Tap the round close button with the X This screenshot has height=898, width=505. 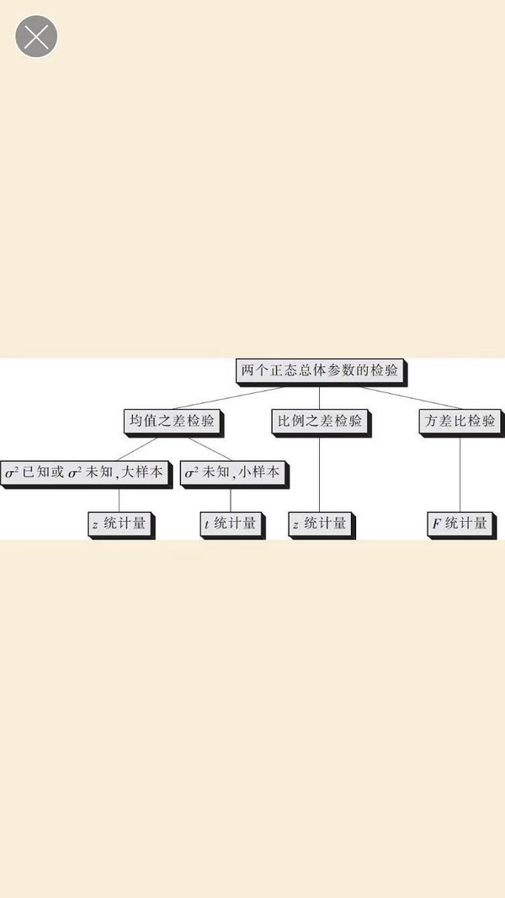coord(36,37)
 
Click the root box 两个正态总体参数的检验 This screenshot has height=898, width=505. coord(319,369)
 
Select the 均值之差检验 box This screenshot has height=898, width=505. coord(172,420)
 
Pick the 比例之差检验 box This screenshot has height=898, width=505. coord(320,420)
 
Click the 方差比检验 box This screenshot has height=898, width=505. coord(460,420)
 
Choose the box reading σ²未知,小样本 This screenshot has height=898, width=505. coord(231,472)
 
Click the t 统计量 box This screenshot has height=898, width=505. coord(230,523)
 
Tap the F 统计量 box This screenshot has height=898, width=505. coord(460,523)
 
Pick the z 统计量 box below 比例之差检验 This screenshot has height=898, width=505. coord(319,523)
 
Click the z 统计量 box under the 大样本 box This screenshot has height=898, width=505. coord(119,523)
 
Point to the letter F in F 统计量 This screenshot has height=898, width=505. coord(437,524)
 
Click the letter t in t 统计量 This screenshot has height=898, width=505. coord(207,524)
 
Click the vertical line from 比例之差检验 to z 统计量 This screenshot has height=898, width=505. coord(319,471)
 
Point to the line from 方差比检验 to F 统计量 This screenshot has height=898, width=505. coord(460,471)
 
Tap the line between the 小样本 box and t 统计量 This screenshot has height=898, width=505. coord(230,498)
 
